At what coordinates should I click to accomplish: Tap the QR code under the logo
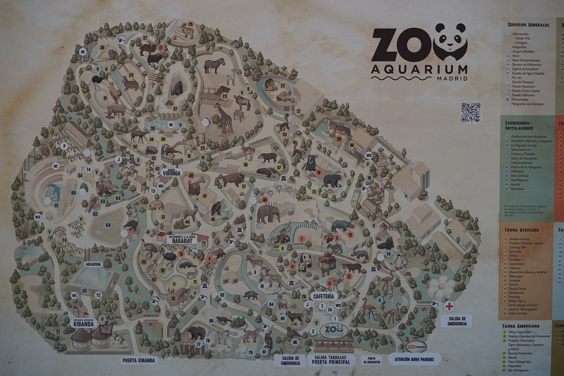click(471, 112)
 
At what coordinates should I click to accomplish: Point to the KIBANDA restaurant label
click(84, 323)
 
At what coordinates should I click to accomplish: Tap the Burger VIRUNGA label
click(171, 172)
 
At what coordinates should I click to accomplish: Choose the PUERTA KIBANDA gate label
click(138, 361)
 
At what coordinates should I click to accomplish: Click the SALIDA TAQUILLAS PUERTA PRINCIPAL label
click(332, 360)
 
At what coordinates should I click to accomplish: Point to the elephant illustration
click(268, 213)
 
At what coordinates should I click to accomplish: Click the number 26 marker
click(190, 24)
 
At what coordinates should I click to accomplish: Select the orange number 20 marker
click(339, 138)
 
